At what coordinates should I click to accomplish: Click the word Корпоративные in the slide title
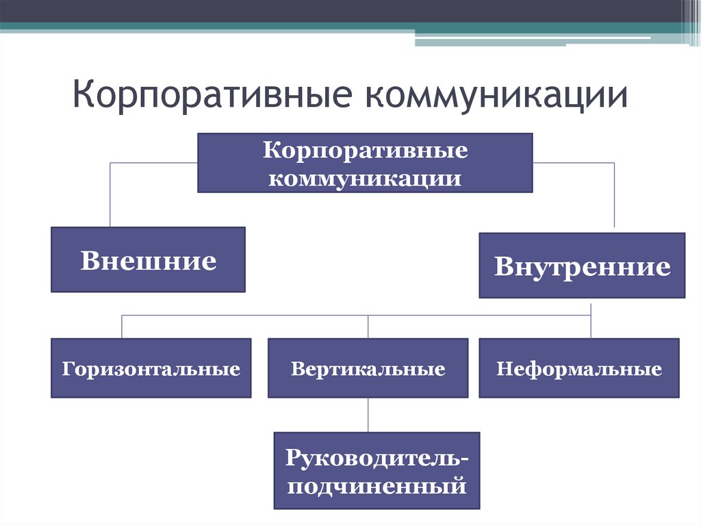pyautogui.click(x=212, y=95)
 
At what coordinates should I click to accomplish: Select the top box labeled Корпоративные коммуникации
pyautogui.click(x=365, y=163)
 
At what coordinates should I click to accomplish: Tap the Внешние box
pyautogui.click(x=148, y=260)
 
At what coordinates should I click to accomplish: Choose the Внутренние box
pyautogui.click(x=582, y=266)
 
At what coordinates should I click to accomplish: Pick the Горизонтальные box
pyautogui.click(x=151, y=368)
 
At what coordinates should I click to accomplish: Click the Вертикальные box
pyautogui.click(x=368, y=368)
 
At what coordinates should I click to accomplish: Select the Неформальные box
pyautogui.click(x=579, y=368)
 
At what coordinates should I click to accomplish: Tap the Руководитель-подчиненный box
pyautogui.click(x=377, y=470)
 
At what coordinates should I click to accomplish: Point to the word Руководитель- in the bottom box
pyautogui.click(x=377, y=456)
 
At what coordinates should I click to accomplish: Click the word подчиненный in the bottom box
pyautogui.click(x=377, y=486)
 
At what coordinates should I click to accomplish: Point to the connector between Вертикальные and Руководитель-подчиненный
pyautogui.click(x=368, y=415)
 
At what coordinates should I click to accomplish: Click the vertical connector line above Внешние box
pyautogui.click(x=110, y=195)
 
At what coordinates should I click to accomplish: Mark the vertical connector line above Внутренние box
pyautogui.click(x=614, y=195)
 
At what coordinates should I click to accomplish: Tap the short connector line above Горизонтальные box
pyautogui.click(x=122, y=326)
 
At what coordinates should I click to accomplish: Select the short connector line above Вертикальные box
pyautogui.click(x=368, y=326)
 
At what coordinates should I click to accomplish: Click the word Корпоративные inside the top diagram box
pyautogui.click(x=366, y=151)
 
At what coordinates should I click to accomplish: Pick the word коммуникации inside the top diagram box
pyautogui.click(x=366, y=178)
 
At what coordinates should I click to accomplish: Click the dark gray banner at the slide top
pyautogui.click(x=342, y=10)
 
